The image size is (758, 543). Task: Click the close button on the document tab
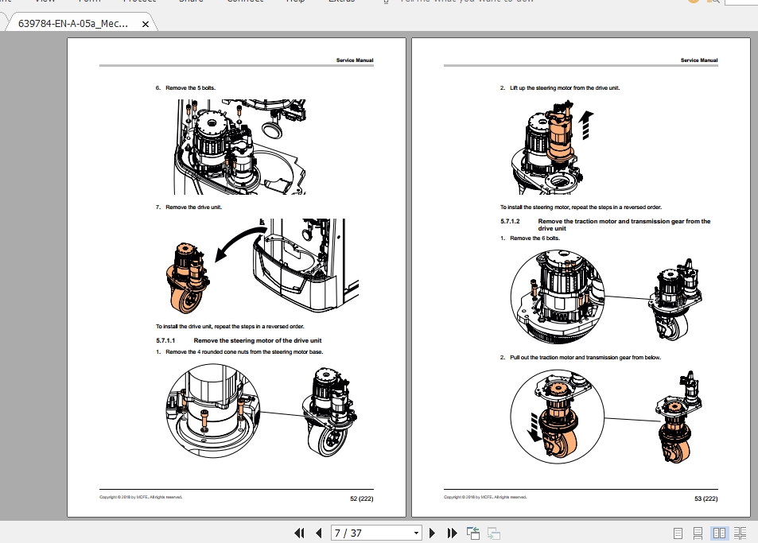coord(145,24)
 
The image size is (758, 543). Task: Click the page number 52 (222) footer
coord(362,498)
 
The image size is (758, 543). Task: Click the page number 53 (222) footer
coord(706,498)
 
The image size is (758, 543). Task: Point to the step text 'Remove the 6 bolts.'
coord(534,239)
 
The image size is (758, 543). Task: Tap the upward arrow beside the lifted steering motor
coord(586,124)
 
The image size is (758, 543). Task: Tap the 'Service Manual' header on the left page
coord(354,60)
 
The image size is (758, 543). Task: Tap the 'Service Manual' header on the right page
coord(699,60)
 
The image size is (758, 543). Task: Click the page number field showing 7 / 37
coord(371,533)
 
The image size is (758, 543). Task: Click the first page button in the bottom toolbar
coord(299,533)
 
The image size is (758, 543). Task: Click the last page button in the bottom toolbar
coord(452,533)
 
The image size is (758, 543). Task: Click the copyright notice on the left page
coord(140,497)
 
